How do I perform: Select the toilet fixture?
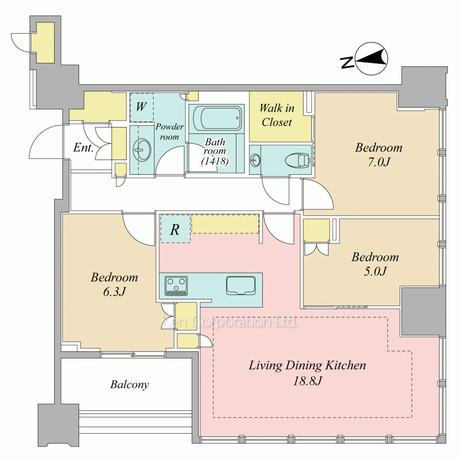298,160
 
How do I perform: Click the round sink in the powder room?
142,149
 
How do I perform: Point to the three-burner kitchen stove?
176,286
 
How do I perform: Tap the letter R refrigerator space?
175,229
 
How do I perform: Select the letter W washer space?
141,107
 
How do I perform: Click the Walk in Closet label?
276,115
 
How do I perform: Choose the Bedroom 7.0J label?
379,154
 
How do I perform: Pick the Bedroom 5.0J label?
375,264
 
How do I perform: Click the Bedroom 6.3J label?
115,284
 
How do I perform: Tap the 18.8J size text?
308,380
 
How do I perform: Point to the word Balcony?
129,385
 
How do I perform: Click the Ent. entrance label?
83,147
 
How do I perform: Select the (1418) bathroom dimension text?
215,161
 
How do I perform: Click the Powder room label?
170,132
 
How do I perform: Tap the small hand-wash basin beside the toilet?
255,160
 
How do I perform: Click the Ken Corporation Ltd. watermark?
230,322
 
